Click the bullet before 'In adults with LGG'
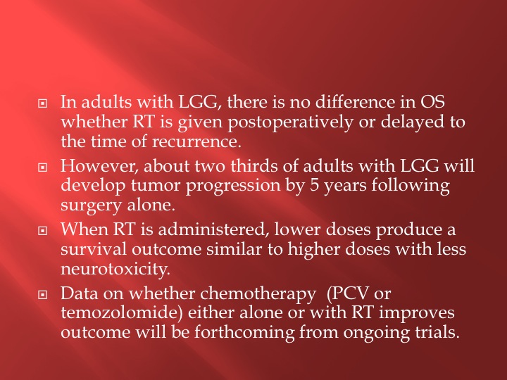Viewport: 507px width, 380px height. (43, 103)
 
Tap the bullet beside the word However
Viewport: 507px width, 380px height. (43, 167)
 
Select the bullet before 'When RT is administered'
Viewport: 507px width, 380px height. (43, 231)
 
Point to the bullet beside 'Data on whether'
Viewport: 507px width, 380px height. (43, 294)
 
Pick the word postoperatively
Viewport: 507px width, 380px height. (290, 123)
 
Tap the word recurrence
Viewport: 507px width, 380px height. (196, 141)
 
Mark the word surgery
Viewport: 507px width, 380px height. (91, 206)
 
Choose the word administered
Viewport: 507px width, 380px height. (214, 229)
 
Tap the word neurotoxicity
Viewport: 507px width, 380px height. (115, 269)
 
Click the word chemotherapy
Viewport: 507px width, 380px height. (258, 294)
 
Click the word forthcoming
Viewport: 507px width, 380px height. (244, 333)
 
